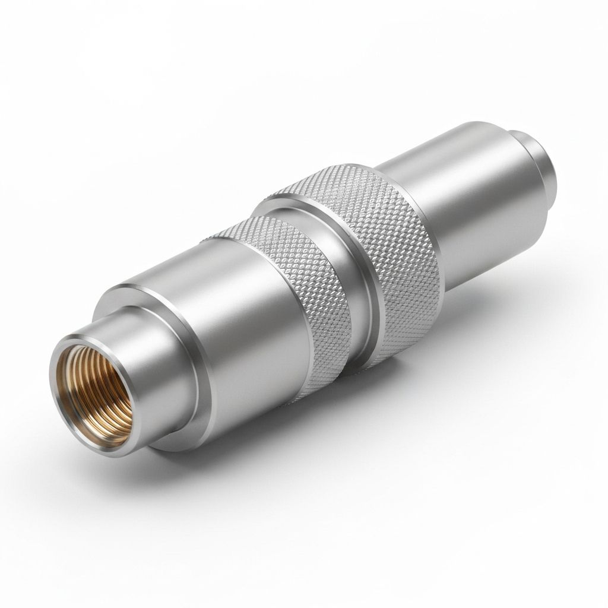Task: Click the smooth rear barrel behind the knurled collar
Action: click(475, 202)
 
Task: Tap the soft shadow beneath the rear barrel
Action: click(511, 297)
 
